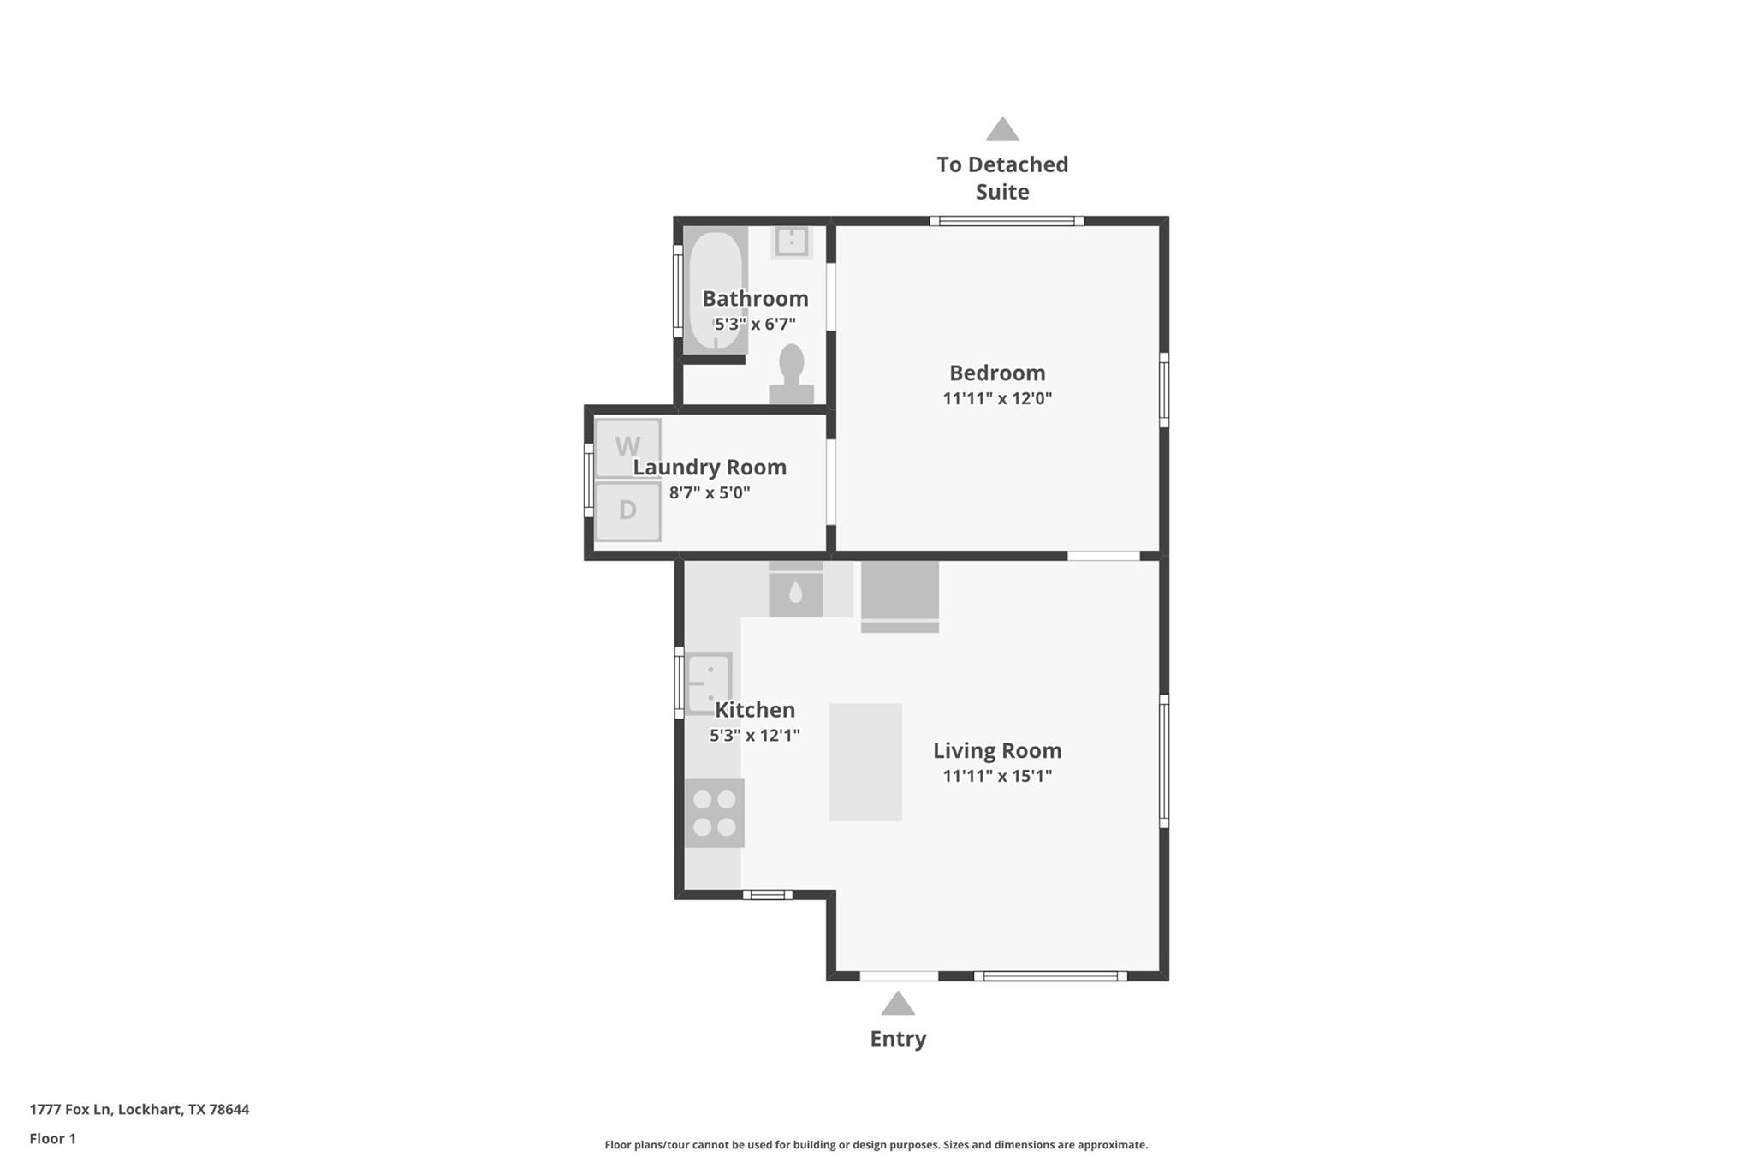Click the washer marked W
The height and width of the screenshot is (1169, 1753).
click(627, 447)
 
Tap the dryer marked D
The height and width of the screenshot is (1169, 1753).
click(627, 511)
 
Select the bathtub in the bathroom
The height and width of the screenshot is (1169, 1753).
click(716, 289)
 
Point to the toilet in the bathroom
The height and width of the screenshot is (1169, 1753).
click(792, 373)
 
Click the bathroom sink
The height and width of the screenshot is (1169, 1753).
click(792, 242)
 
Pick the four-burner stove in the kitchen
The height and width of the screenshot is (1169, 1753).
click(714, 813)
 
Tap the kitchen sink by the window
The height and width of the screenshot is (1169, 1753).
click(709, 683)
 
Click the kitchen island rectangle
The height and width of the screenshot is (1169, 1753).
click(865, 762)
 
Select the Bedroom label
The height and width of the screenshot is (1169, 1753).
click(997, 373)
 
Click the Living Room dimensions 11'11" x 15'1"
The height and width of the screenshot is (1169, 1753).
click(997, 776)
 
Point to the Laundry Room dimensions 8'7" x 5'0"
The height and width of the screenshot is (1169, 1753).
click(710, 492)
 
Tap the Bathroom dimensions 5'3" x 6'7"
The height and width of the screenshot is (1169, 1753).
click(755, 324)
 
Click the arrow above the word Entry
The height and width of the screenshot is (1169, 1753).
click(898, 1004)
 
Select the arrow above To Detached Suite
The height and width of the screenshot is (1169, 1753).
click(1002, 129)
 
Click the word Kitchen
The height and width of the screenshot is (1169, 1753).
click(755, 709)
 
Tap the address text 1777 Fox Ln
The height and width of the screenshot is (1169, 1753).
click(70, 1109)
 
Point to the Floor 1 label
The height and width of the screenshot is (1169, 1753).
click(53, 1138)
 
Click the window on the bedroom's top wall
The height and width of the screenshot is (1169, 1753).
click(1007, 221)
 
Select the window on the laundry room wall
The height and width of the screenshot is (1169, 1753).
click(589, 480)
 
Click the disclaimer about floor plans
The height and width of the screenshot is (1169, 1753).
click(876, 1144)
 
